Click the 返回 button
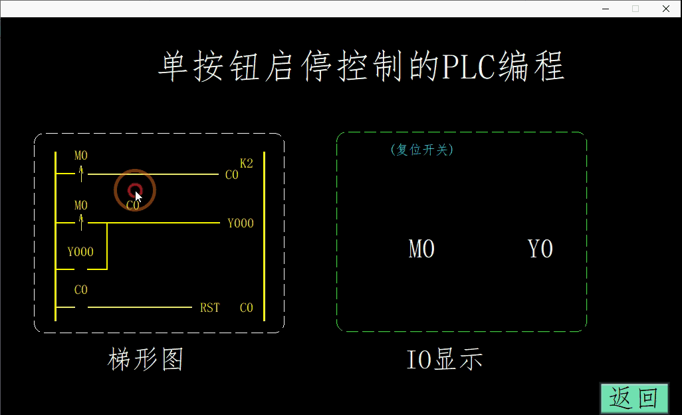[x=634, y=398]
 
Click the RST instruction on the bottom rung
[x=210, y=308]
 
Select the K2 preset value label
[x=247, y=164]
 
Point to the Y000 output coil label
[x=241, y=223]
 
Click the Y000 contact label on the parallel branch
[x=80, y=252]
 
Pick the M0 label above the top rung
[x=81, y=156]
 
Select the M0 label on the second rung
[x=81, y=205]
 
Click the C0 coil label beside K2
[x=232, y=176]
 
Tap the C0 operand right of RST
[x=247, y=308]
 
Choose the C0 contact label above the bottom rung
[x=81, y=290]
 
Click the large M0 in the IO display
[x=421, y=249]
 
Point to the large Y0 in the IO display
[x=540, y=249]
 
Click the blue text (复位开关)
[x=422, y=150]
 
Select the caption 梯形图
[x=146, y=360]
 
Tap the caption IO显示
[x=445, y=360]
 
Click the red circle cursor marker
[x=134, y=190]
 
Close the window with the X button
[x=666, y=9]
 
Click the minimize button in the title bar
[x=606, y=9]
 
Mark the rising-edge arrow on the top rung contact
[x=81, y=174]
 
